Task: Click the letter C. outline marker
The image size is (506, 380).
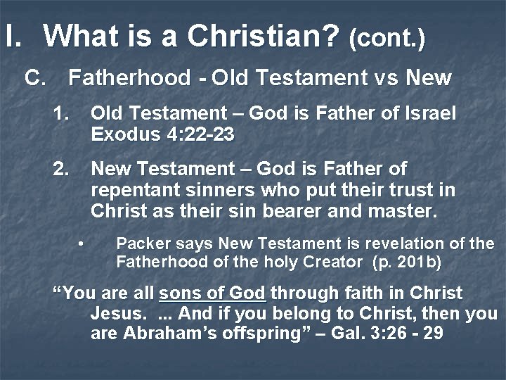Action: tap(35, 77)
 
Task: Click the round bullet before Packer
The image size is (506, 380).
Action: tap(82, 244)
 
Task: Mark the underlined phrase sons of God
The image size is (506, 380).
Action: tap(213, 293)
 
